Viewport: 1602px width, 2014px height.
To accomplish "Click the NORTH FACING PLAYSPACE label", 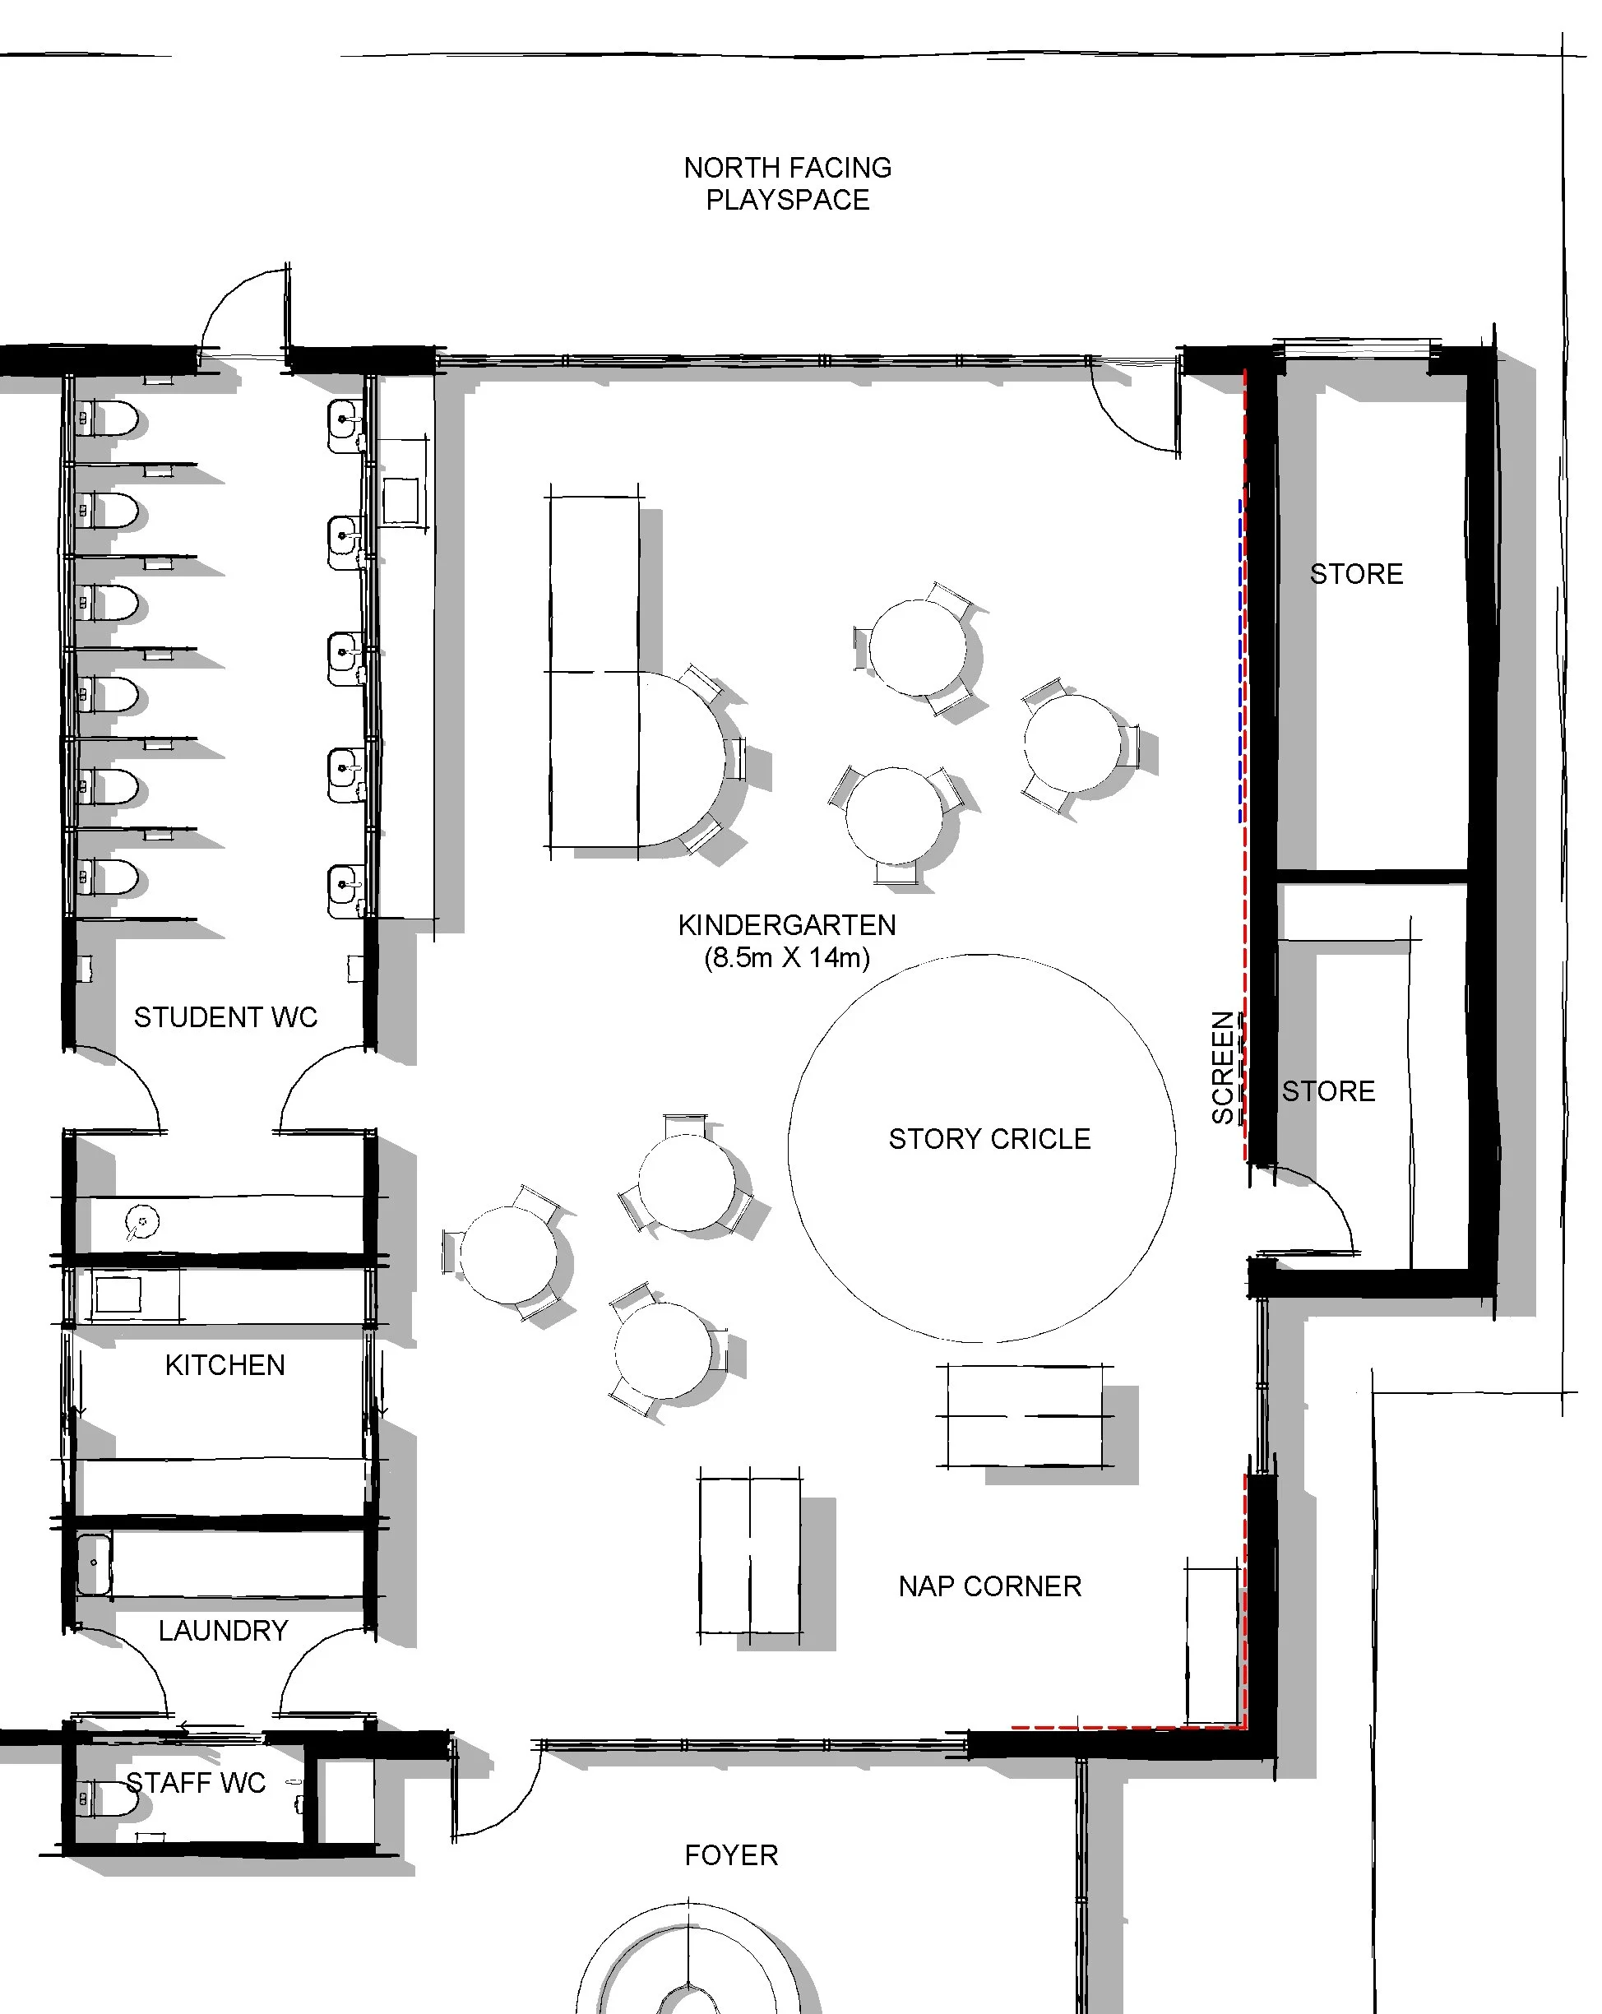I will click(788, 183).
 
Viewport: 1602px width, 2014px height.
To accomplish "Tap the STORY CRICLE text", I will click(989, 1139).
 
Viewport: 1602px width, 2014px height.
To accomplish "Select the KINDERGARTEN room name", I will click(786, 925).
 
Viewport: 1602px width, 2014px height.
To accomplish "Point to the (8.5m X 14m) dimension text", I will click(786, 957).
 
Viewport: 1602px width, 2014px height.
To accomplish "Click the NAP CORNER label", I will click(989, 1586).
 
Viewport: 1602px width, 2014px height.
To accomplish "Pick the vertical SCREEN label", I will click(1222, 1067).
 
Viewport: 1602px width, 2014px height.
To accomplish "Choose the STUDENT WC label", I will click(225, 1016).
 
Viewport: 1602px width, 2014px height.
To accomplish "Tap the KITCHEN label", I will click(225, 1365).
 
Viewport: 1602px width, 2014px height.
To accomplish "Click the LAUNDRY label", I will click(222, 1630).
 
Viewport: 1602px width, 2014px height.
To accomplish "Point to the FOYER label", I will click(730, 1855).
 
